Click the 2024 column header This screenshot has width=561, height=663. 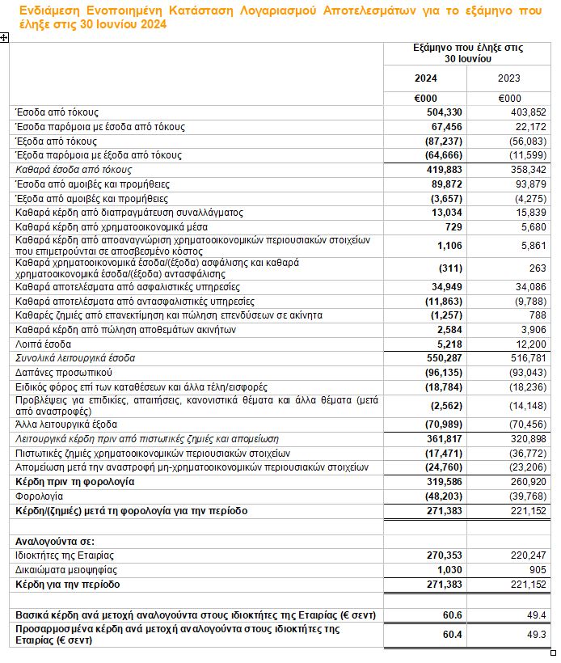(x=426, y=78)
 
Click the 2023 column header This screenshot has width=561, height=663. (x=509, y=78)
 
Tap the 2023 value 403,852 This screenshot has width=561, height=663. (x=529, y=112)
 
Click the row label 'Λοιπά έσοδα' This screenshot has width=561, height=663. (x=40, y=343)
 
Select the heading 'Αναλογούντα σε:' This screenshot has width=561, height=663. (x=51, y=540)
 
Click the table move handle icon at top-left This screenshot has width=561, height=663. (x=4, y=38)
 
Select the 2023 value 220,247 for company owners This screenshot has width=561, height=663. (x=529, y=555)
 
